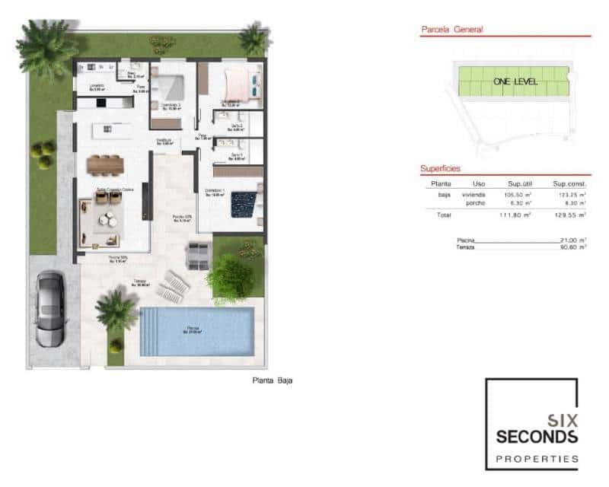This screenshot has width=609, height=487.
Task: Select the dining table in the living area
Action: pyautogui.click(x=104, y=164)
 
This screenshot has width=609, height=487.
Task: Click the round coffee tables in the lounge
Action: pyautogui.click(x=106, y=221)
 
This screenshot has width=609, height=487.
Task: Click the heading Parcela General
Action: pyautogui.click(x=452, y=30)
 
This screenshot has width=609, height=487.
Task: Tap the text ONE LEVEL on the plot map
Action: pyautogui.click(x=515, y=80)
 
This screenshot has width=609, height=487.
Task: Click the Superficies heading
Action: pyautogui.click(x=441, y=168)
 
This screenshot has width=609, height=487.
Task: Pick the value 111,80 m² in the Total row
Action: pyautogui.click(x=515, y=215)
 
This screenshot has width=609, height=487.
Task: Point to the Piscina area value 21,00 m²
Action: pyautogui.click(x=573, y=240)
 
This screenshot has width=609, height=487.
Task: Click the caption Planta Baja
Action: pyautogui.click(x=272, y=380)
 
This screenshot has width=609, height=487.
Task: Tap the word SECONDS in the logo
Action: pyautogui.click(x=537, y=436)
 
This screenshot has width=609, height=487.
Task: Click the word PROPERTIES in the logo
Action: pyautogui.click(x=537, y=459)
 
